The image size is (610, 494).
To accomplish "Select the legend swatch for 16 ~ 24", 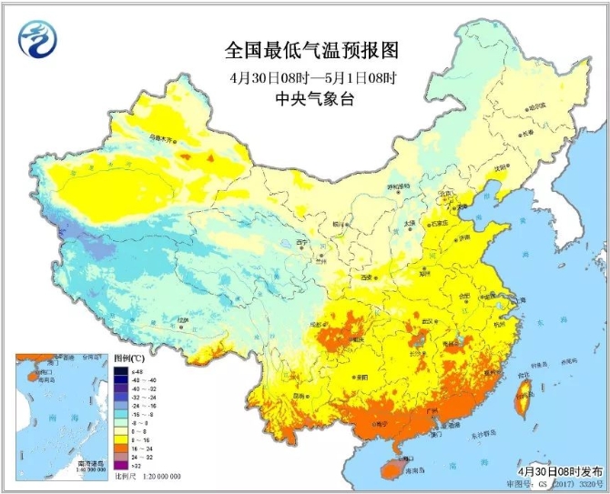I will click(120, 448).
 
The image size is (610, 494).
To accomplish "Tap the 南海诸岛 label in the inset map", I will click(92, 463).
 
